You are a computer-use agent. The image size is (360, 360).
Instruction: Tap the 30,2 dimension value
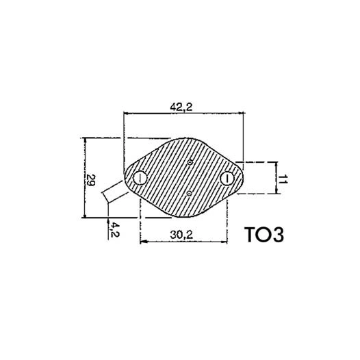[183, 234]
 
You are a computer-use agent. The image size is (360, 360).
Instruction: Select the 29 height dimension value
[90, 180]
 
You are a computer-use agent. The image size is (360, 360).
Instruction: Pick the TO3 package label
[263, 234]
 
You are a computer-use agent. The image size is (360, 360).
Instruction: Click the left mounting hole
[140, 179]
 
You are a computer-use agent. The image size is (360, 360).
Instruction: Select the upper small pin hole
[190, 163]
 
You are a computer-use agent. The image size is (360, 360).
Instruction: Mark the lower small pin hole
[189, 194]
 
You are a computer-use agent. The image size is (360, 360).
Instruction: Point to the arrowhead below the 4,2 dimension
[109, 222]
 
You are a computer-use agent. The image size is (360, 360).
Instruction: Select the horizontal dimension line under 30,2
[183, 242]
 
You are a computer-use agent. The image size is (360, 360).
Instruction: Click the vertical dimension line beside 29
[83, 178]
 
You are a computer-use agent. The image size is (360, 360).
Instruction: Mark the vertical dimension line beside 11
[275, 179]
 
